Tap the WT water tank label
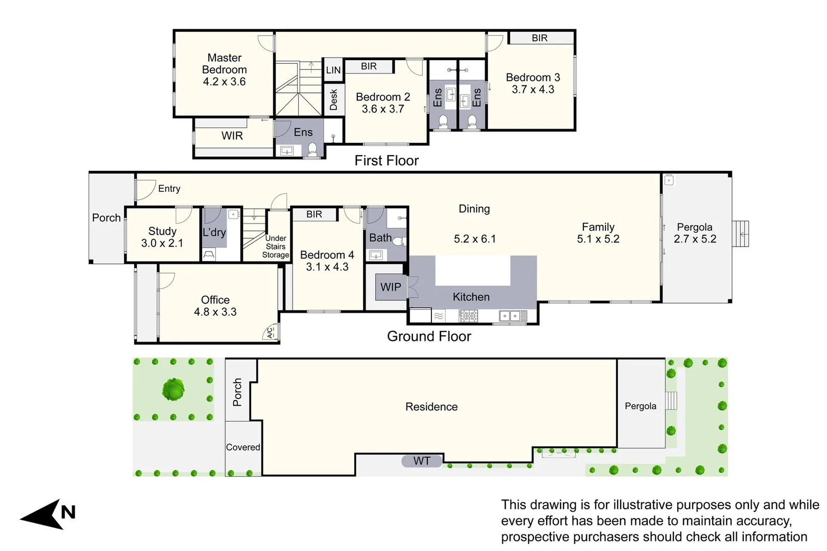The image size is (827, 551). pyautogui.click(x=422, y=461)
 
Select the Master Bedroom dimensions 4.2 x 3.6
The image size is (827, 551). pyautogui.click(x=224, y=82)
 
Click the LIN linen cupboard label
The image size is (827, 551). pyautogui.click(x=333, y=70)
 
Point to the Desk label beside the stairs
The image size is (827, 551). pyautogui.click(x=334, y=99)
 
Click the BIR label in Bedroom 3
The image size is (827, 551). pyautogui.click(x=540, y=38)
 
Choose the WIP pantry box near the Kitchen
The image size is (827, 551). pyautogui.click(x=391, y=287)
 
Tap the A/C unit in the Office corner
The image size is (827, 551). pyautogui.click(x=271, y=333)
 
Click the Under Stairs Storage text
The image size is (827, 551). pyautogui.click(x=276, y=246)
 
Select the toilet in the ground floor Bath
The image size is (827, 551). pyautogui.click(x=398, y=241)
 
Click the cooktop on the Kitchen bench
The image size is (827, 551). pyautogui.click(x=468, y=316)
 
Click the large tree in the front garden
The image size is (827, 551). pyautogui.click(x=173, y=390)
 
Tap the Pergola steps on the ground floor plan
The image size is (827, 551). pyautogui.click(x=741, y=234)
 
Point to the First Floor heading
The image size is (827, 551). pyautogui.click(x=386, y=161)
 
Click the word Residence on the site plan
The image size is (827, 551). pyautogui.click(x=431, y=407)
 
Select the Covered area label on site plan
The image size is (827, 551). pyautogui.click(x=243, y=447)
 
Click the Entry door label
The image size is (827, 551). pyautogui.click(x=169, y=189)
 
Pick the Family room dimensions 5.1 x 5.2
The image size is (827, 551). pyautogui.click(x=598, y=239)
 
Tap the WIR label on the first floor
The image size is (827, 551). pyautogui.click(x=232, y=136)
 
